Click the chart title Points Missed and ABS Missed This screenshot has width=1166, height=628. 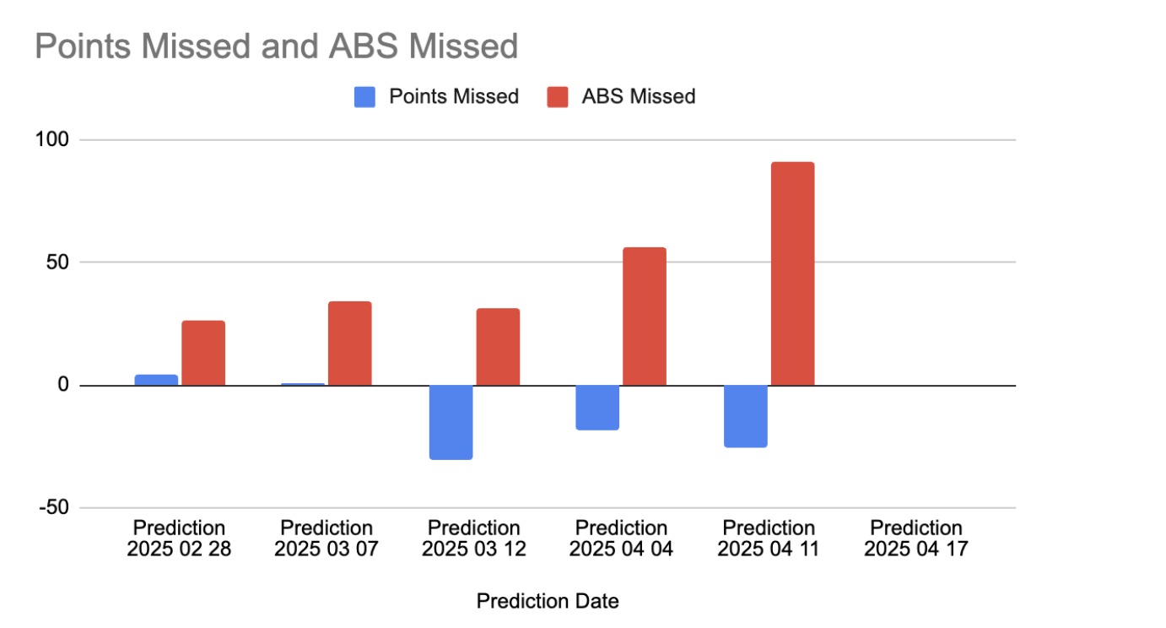(277, 46)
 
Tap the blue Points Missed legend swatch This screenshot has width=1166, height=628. (364, 97)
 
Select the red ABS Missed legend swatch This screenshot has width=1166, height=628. (558, 97)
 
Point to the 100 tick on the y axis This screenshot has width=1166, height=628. (51, 139)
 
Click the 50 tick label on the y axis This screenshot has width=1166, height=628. (57, 262)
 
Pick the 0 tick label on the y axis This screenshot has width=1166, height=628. (63, 385)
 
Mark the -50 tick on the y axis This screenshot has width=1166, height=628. (54, 507)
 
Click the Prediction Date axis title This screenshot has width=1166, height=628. (548, 601)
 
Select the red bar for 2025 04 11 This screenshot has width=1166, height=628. (793, 273)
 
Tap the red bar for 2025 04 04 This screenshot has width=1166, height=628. (645, 317)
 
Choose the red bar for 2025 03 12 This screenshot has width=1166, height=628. (498, 347)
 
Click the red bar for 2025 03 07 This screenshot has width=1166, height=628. (350, 344)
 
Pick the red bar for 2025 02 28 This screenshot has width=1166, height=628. (203, 353)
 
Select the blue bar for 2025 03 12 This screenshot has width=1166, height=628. (451, 422)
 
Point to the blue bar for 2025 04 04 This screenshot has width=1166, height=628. (597, 408)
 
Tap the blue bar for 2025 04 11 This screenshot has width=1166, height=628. (745, 417)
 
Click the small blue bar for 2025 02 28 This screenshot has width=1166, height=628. (156, 380)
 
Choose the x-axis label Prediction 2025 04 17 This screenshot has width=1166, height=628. (916, 539)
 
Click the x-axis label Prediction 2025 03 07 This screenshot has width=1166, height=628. (327, 539)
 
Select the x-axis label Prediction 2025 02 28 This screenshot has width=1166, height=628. (179, 539)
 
